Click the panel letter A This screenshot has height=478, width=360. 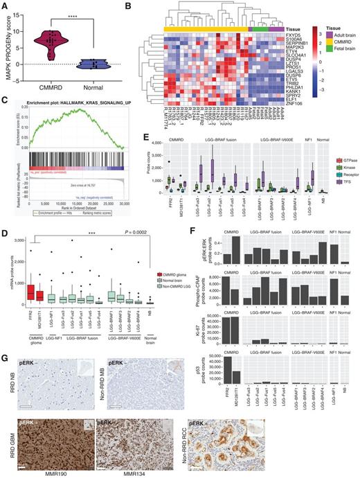click(x=6, y=6)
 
